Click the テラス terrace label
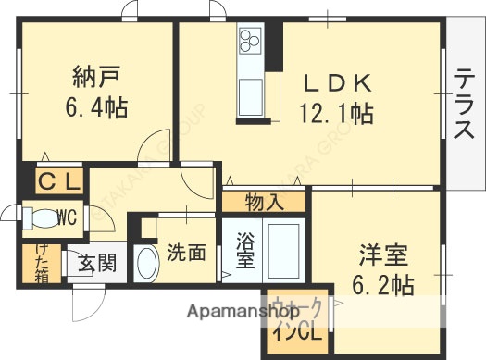(460, 109)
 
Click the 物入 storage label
(264, 200)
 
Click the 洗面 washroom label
(186, 253)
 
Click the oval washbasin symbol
(147, 265)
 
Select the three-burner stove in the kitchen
(251, 42)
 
